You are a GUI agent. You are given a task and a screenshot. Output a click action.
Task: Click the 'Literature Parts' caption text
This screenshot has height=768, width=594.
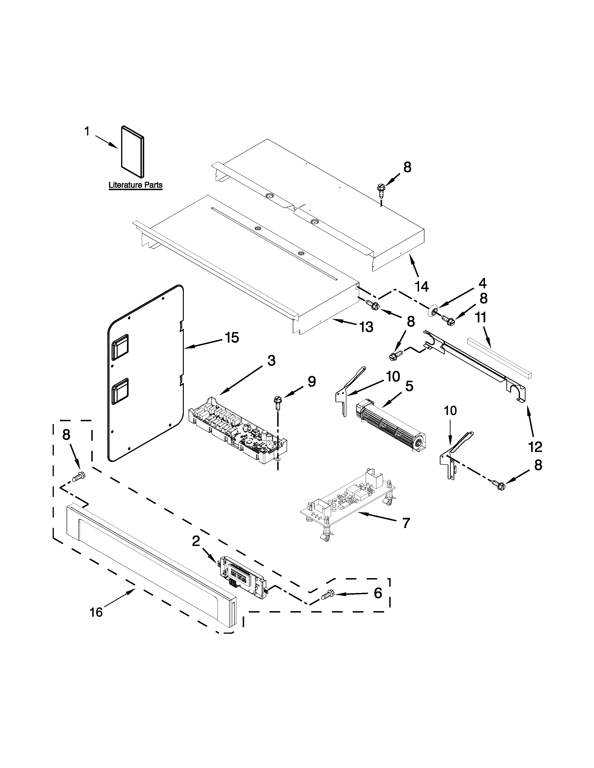click(136, 185)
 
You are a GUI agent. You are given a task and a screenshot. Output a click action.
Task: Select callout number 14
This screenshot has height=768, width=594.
click(422, 286)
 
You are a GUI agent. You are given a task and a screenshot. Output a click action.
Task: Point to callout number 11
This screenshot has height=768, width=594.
click(481, 317)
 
